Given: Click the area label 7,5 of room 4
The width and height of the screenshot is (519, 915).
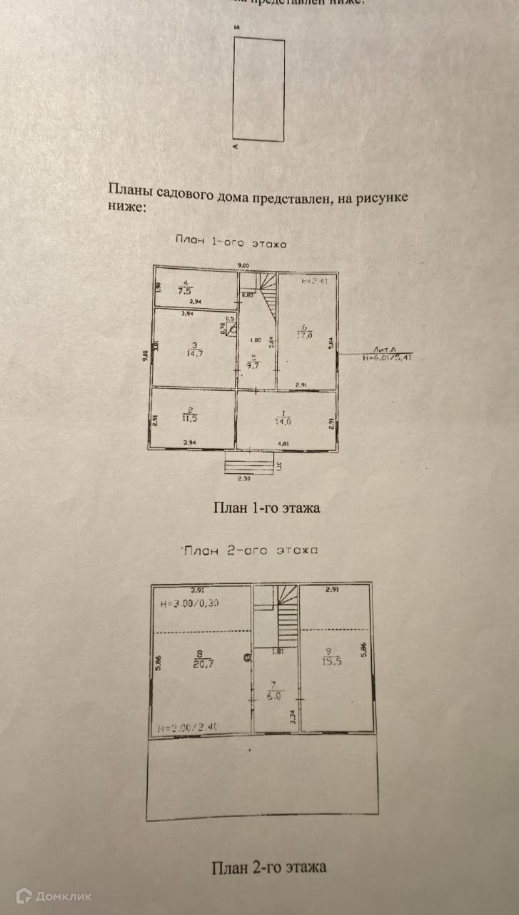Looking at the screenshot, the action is click(185, 291).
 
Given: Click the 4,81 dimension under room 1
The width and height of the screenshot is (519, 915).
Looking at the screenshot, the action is click(285, 444).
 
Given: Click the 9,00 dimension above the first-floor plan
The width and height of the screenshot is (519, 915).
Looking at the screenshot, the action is click(243, 266).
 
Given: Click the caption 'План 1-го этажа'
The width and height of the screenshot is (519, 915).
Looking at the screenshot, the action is click(266, 508).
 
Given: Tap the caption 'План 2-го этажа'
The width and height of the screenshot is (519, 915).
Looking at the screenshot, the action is click(268, 868).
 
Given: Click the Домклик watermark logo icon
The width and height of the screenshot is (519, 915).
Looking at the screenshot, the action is click(24, 895).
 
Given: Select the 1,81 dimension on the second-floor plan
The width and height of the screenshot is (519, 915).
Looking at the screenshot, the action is click(278, 651).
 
